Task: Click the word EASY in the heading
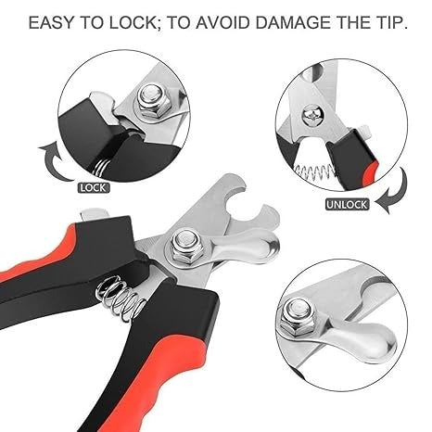click(52, 23)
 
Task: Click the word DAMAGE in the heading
click(294, 23)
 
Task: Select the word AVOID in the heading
click(222, 23)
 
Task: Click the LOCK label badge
click(94, 188)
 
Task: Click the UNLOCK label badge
click(347, 205)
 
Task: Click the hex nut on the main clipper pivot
click(183, 245)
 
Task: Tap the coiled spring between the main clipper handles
click(121, 299)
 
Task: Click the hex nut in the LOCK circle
click(151, 101)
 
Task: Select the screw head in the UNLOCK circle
click(311, 115)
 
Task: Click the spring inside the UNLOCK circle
click(314, 172)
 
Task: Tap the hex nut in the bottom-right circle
click(296, 319)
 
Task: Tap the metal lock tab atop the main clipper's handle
click(94, 214)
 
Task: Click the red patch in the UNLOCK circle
click(370, 173)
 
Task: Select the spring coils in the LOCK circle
click(100, 168)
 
